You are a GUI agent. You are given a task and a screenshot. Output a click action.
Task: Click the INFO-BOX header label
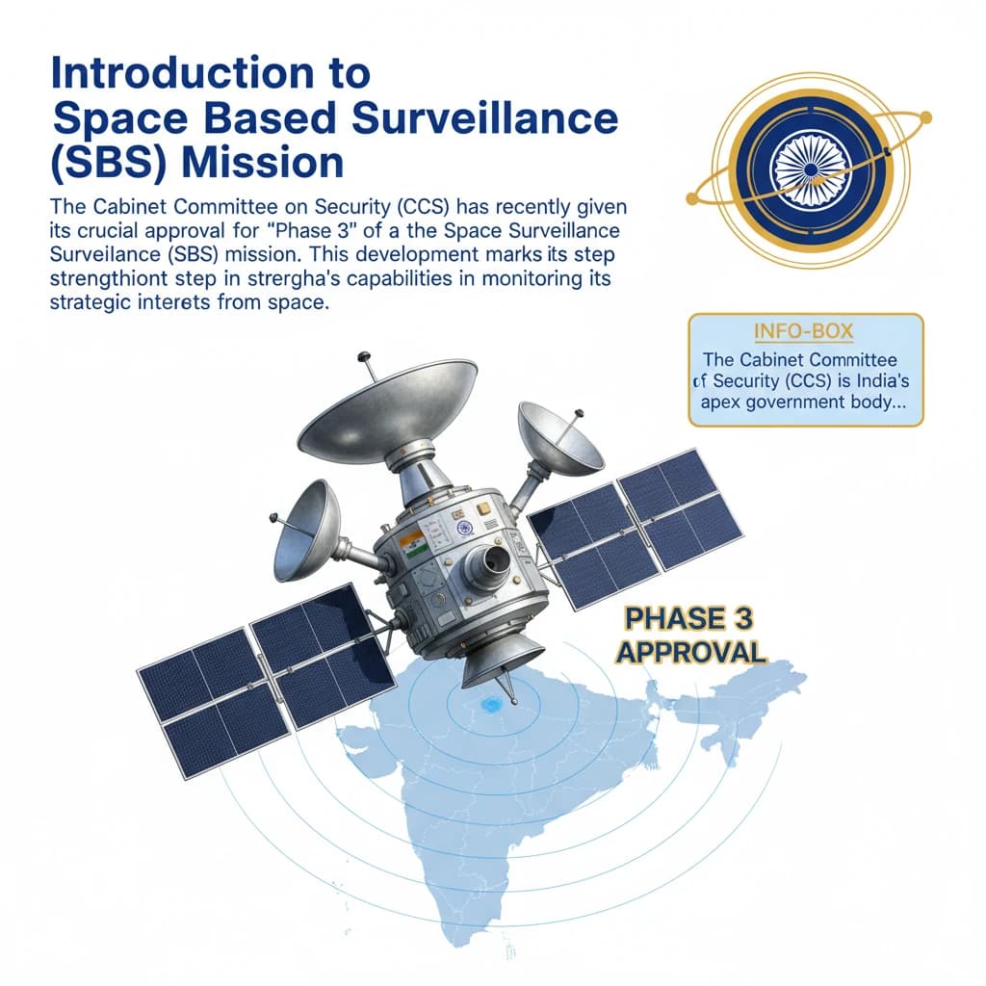click(x=804, y=331)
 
